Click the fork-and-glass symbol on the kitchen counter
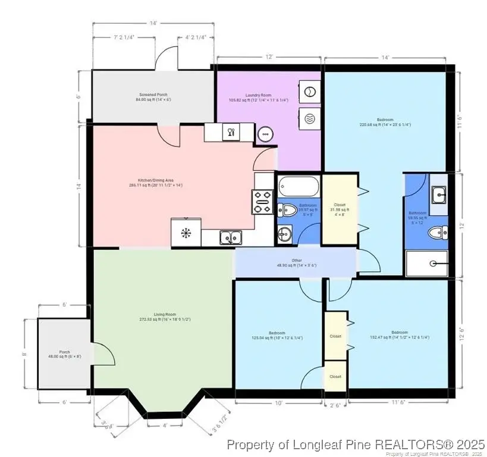(x=230, y=132)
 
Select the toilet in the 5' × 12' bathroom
(x=439, y=233)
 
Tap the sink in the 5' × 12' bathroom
(x=439, y=194)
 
